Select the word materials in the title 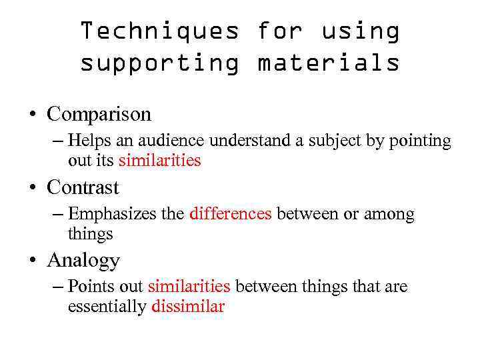(329, 63)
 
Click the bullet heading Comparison (99, 115)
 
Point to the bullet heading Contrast (83, 187)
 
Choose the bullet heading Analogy (83, 260)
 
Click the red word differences (230, 214)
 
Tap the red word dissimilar (188, 307)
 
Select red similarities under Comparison (159, 161)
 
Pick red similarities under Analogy (189, 287)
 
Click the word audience (177, 141)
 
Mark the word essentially (107, 307)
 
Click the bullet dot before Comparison (31, 115)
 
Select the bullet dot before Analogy (31, 261)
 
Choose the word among (389, 214)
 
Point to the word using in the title (361, 31)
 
